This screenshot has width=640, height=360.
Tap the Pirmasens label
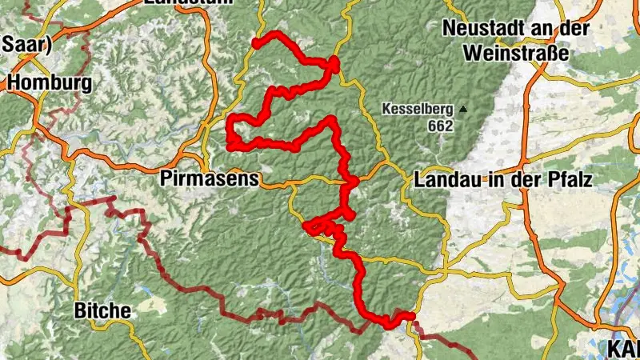pyautogui.click(x=210, y=178)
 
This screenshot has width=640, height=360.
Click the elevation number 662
pyautogui.click(x=440, y=126)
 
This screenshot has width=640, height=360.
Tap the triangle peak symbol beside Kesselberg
pyautogui.click(x=462, y=109)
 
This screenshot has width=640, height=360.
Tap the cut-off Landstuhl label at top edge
pyautogui.click(x=188, y=2)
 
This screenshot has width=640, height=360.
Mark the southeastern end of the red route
pyautogui.click(x=413, y=315)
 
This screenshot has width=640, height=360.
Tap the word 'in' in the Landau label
pyautogui.click(x=495, y=180)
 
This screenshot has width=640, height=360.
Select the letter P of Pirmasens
pyautogui.click(x=166, y=178)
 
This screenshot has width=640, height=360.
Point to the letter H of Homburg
pyautogui.click(x=15, y=82)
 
